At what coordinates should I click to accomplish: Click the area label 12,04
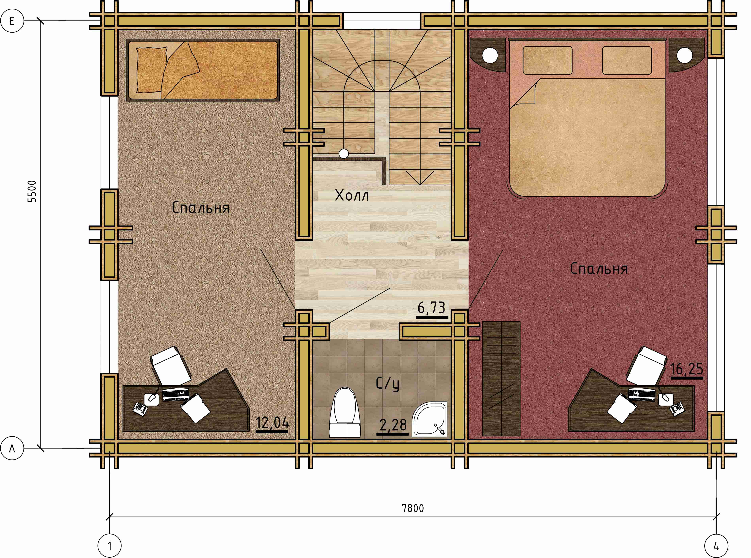(272, 423)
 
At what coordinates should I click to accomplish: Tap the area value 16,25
(686, 369)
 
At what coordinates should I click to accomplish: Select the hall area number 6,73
(432, 308)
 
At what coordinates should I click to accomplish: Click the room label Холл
(352, 195)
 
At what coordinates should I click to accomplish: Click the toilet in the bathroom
(345, 412)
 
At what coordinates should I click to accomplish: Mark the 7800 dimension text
(413, 508)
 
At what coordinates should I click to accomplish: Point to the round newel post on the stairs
(344, 154)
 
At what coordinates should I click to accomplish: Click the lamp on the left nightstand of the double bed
(490, 55)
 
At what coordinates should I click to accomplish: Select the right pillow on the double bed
(627, 60)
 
